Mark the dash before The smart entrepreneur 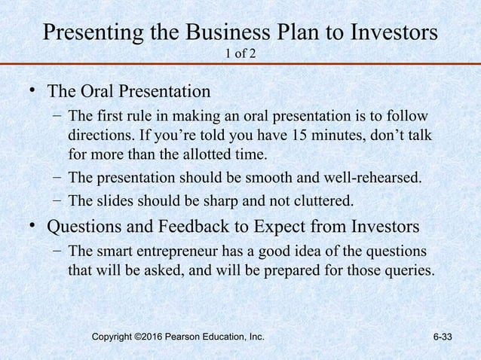57,249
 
